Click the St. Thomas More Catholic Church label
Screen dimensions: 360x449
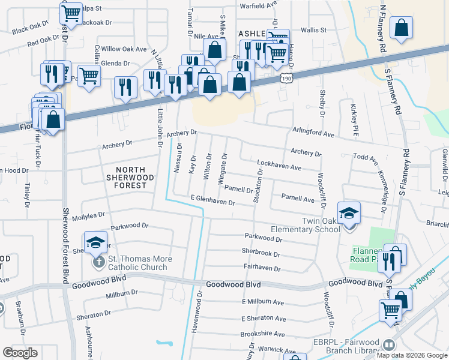tap(139, 263)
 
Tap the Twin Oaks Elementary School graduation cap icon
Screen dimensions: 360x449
tap(349, 213)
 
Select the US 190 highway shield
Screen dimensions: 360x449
tap(286, 79)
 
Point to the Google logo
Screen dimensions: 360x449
tap(20, 353)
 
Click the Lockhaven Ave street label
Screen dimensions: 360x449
tap(279, 164)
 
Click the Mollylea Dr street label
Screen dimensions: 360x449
tap(88, 214)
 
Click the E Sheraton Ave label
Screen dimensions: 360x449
tap(264, 318)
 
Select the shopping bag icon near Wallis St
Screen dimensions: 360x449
tap(401, 28)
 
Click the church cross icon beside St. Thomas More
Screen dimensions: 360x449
tap(98, 263)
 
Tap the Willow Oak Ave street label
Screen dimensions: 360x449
tap(124, 49)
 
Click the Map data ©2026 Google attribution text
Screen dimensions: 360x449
tap(412, 355)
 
